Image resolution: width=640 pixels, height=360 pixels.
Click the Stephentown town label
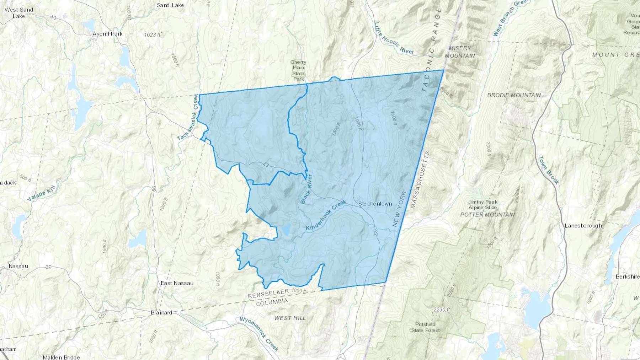tap(375, 204)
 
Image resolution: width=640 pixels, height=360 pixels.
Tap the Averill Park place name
tap(107, 34)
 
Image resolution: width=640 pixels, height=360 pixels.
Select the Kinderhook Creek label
tap(326, 216)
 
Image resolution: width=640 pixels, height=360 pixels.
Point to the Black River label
tap(306, 189)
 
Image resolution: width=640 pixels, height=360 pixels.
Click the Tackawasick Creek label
tap(187, 117)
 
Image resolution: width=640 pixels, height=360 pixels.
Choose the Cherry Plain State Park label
tap(298, 70)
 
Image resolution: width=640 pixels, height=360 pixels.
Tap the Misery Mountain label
tap(460, 52)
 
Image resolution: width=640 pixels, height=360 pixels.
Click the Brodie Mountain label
tap(514, 95)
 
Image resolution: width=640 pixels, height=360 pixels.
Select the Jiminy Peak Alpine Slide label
tap(483, 205)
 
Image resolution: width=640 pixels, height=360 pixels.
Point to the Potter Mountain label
tap(487, 215)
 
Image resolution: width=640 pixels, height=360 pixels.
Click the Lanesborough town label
tap(583, 225)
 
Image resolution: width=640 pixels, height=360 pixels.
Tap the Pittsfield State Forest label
tap(425, 327)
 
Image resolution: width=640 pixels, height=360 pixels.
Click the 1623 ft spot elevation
tap(153, 34)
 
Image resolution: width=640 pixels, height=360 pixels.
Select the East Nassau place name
tap(177, 283)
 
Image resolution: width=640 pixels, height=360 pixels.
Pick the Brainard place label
tap(161, 313)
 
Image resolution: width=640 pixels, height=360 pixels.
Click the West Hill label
tap(290, 318)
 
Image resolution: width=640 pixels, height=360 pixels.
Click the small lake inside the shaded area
tap(286, 230)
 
